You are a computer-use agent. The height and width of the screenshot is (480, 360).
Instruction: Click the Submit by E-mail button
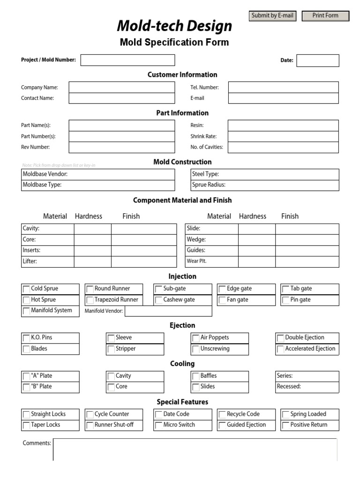[x=272, y=16]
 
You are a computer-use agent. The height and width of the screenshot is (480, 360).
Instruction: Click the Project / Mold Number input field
[x=127, y=60]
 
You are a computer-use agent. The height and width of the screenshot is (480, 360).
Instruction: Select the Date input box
[x=317, y=60]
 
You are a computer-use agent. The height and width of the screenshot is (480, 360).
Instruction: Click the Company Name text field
[x=121, y=87]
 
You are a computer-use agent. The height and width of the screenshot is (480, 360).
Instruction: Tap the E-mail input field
[x=283, y=98]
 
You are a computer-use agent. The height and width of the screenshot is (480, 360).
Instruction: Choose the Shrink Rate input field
[x=283, y=136]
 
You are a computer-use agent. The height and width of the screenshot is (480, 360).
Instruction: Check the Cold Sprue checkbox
[x=26, y=289]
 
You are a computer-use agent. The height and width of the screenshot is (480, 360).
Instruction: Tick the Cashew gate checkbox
[x=159, y=300]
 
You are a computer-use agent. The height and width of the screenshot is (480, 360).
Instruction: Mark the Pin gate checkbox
[x=286, y=300]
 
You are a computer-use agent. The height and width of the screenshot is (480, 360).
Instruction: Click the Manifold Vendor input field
[x=168, y=311]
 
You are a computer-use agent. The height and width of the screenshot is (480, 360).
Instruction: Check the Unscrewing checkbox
[x=196, y=349]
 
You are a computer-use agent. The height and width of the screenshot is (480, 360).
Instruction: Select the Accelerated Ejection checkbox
[x=280, y=349]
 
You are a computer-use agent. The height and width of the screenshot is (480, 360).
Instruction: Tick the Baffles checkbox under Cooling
[x=196, y=376]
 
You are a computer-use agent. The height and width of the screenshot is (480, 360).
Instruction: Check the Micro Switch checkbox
[x=159, y=426]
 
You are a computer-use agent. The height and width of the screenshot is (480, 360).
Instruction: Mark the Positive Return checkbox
[x=286, y=426]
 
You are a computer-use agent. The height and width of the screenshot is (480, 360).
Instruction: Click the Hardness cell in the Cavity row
[x=92, y=229]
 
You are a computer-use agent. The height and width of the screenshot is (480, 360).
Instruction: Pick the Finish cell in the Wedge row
[x=307, y=240]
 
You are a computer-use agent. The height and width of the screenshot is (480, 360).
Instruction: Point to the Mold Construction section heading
[x=182, y=162]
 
